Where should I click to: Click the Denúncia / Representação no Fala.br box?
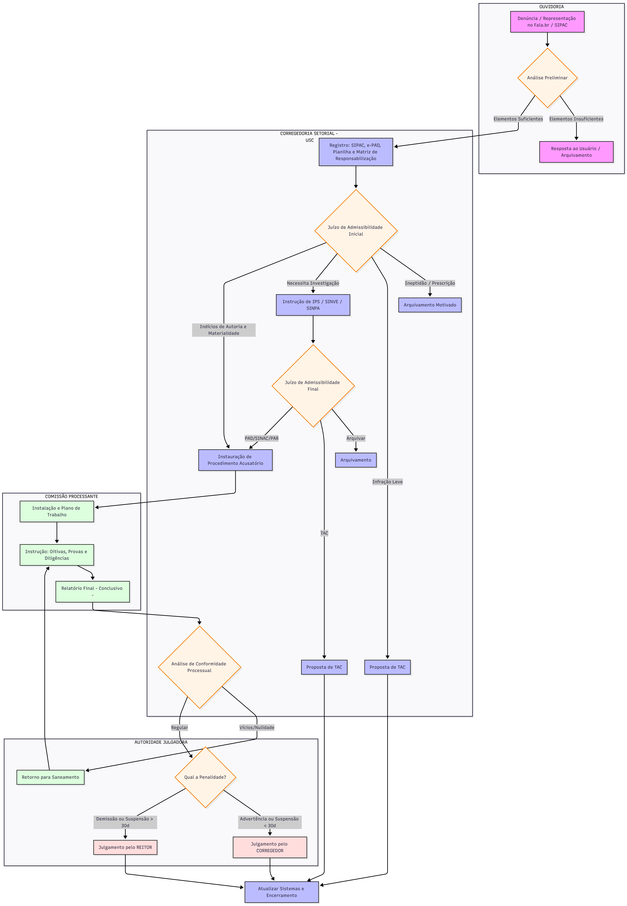(547, 22)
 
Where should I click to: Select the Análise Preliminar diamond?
(547, 78)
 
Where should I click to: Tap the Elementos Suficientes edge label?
(518, 119)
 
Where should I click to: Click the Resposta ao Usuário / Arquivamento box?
(576, 152)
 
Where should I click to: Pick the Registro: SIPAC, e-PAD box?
(356, 152)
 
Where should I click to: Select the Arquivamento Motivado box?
(430, 305)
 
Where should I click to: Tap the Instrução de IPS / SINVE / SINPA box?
(313, 305)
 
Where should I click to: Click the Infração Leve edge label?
(387, 482)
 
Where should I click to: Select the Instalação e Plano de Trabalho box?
(57, 512)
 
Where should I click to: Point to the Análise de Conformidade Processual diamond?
(200, 667)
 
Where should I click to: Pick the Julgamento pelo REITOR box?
(125, 847)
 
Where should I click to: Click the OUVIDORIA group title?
(552, 7)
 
